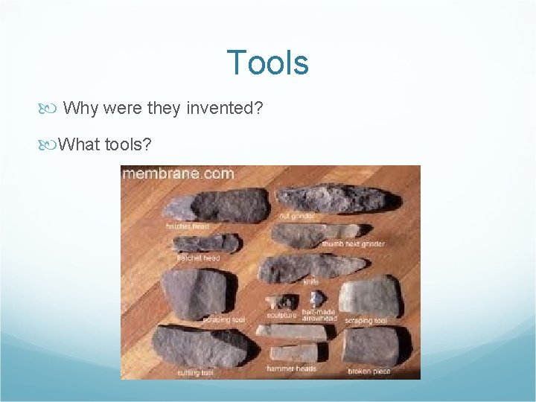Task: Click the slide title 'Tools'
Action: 267,63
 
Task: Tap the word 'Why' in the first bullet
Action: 81,108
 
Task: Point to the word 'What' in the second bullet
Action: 79,144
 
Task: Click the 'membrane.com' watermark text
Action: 178,174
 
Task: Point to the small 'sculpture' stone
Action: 281,301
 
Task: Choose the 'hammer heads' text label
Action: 292,368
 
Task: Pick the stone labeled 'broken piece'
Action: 372,346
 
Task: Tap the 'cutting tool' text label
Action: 196,372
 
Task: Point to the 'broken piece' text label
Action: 370,371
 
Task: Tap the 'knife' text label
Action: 310,282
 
